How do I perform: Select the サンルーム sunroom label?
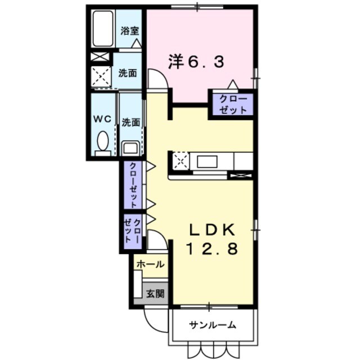click(212, 325)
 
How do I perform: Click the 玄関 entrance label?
click(155, 293)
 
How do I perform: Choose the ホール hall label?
click(150, 264)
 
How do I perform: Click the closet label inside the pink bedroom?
click(231, 104)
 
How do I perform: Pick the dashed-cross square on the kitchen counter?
click(181, 160)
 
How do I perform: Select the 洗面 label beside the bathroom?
click(128, 73)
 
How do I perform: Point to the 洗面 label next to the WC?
click(131, 121)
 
